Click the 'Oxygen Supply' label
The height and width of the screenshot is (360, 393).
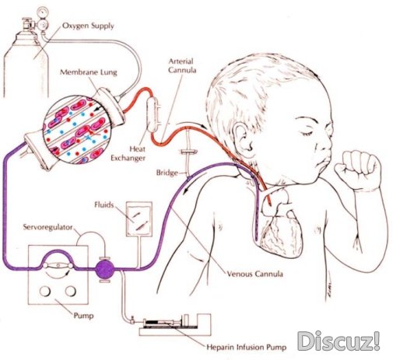(x=88, y=26)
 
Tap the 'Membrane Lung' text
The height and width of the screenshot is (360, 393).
(x=89, y=72)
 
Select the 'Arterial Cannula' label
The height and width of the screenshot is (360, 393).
(x=182, y=66)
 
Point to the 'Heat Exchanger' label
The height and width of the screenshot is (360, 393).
(x=128, y=153)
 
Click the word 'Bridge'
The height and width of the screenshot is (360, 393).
(x=167, y=173)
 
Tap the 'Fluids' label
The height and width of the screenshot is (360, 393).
(x=104, y=205)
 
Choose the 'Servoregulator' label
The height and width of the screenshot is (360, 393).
(x=47, y=227)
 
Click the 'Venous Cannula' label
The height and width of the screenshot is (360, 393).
(x=254, y=274)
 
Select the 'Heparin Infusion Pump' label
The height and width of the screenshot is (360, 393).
(x=247, y=348)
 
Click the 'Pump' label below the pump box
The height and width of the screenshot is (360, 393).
(x=83, y=316)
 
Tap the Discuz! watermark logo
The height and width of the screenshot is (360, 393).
(x=339, y=341)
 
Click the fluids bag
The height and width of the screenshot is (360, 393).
(x=139, y=219)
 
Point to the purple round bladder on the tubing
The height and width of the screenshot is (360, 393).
(x=105, y=270)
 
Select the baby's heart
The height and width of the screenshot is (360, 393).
(x=282, y=228)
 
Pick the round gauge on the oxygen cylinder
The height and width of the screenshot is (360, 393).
(x=43, y=12)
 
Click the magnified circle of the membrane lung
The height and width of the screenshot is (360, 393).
(x=77, y=130)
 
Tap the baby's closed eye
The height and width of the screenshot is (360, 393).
(x=308, y=133)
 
